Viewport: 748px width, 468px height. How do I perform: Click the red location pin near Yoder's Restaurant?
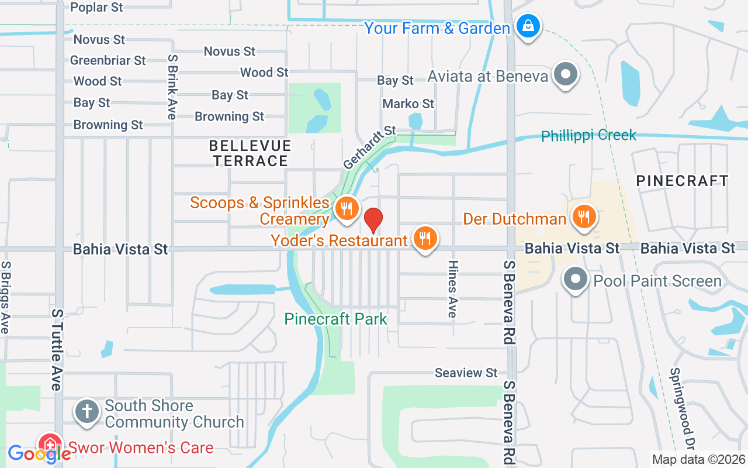373,220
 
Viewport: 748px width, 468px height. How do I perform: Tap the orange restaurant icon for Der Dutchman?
583,216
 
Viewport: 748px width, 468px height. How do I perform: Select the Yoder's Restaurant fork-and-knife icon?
425,239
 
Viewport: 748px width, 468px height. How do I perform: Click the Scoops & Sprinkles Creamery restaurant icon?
347,208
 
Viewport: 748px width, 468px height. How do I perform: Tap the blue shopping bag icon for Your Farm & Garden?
528,26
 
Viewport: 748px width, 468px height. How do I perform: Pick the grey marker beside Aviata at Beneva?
565,75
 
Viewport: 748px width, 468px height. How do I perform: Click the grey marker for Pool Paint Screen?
576,279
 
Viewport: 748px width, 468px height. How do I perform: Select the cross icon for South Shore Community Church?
87,411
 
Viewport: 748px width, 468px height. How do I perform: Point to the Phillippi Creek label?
588,136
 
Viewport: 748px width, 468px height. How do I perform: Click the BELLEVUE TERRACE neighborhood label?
250,153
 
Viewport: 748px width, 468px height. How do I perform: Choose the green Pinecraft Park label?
335,319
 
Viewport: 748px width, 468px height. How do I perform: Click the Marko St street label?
408,104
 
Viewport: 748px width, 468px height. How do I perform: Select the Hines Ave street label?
452,289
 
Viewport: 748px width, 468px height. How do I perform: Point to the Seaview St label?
466,373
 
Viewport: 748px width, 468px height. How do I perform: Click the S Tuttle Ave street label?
56,349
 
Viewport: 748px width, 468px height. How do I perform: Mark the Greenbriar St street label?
108,60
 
